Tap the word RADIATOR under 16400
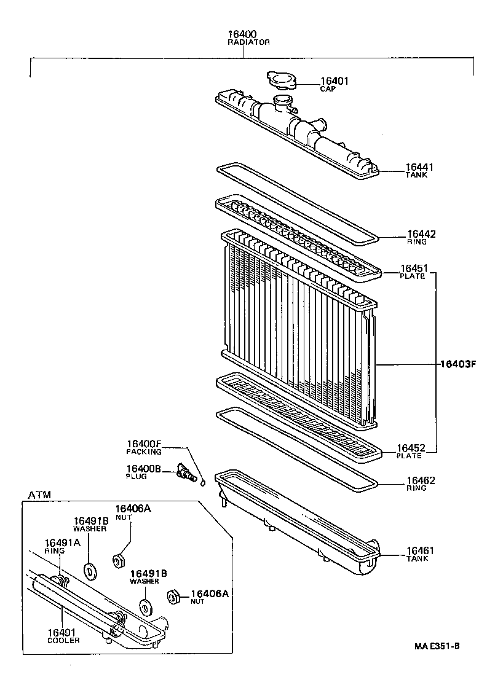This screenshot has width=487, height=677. click(244, 42)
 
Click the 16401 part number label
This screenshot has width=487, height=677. click(335, 80)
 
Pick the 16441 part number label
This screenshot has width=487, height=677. click(419, 167)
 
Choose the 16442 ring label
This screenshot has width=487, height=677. click(421, 234)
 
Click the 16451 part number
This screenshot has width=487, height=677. click(414, 268)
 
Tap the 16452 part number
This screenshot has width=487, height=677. click(411, 448)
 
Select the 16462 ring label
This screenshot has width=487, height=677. click(421, 480)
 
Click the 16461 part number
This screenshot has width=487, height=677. click(420, 550)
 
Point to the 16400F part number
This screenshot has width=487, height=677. click(144, 444)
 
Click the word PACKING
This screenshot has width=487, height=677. click(143, 452)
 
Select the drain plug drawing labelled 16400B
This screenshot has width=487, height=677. click(184, 472)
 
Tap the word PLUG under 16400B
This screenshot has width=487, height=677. click(136, 476)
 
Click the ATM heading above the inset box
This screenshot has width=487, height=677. click(39, 494)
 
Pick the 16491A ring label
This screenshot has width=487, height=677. click(62, 542)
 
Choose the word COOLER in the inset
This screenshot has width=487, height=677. click(63, 641)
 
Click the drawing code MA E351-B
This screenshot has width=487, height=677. click(437, 646)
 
